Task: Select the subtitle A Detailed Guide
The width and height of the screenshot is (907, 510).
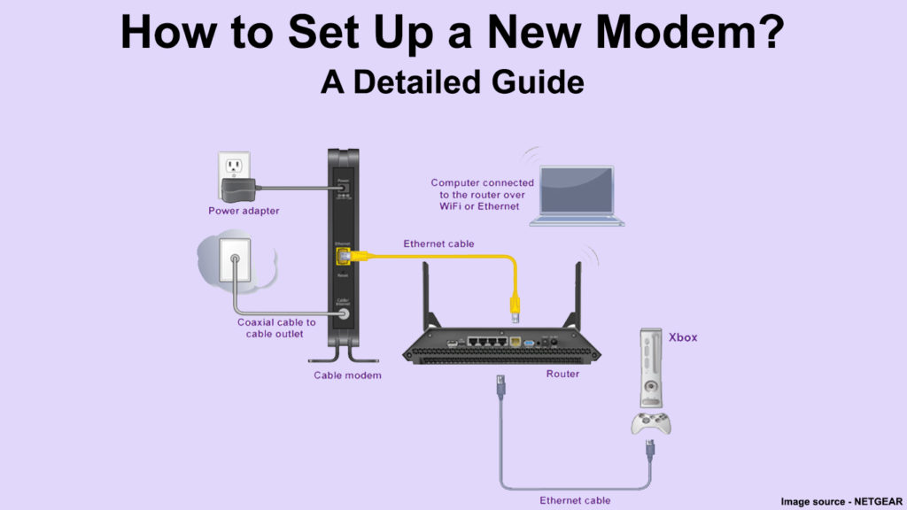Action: [453, 81]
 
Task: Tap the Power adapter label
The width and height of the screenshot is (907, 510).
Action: [244, 211]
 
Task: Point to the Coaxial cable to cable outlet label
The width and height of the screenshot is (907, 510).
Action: [276, 328]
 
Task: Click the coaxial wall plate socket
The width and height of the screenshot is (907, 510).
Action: [235, 260]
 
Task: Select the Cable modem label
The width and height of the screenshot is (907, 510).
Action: [347, 375]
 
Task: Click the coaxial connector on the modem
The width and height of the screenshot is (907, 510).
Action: [342, 313]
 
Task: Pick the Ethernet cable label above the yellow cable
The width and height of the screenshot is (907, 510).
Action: [438, 243]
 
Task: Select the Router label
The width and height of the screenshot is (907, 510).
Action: [562, 374]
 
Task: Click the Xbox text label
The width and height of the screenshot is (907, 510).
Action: [682, 337]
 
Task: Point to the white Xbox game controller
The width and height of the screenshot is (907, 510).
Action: [650, 422]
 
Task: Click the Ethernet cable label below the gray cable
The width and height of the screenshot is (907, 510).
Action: [575, 500]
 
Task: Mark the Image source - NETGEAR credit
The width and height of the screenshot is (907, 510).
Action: [841, 501]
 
